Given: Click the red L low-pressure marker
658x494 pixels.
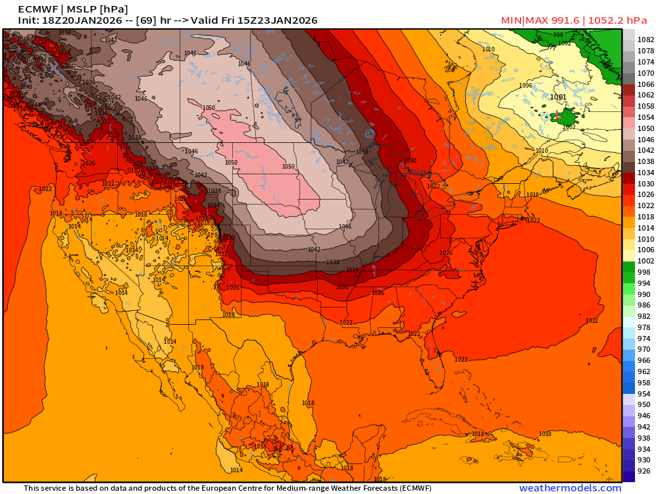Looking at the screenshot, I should tap(557, 115).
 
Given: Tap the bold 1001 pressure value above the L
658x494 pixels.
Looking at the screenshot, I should tap(557, 97).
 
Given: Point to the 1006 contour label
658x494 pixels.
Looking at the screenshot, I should tap(525, 86).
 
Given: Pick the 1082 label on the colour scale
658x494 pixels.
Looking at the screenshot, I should tap(645, 40).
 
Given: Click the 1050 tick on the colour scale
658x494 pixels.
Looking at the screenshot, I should tap(645, 128).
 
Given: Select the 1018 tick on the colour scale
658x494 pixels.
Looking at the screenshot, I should tap(645, 217).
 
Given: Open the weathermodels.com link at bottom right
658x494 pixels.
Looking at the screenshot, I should tap(570, 488).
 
